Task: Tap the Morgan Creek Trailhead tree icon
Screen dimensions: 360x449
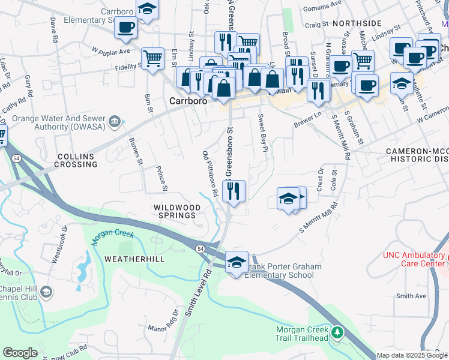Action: click(337, 331)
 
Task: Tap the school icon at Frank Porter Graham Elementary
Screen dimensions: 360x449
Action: click(237, 262)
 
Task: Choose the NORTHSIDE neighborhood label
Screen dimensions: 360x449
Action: click(357, 23)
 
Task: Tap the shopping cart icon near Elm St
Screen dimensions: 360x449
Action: click(152, 59)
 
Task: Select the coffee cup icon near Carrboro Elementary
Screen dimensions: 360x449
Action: click(125, 28)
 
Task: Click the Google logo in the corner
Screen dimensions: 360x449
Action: click(20, 352)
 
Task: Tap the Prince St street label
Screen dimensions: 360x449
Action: click(161, 179)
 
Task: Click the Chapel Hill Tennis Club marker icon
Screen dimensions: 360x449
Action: click(46, 292)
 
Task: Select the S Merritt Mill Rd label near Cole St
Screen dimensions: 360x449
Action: click(318, 220)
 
